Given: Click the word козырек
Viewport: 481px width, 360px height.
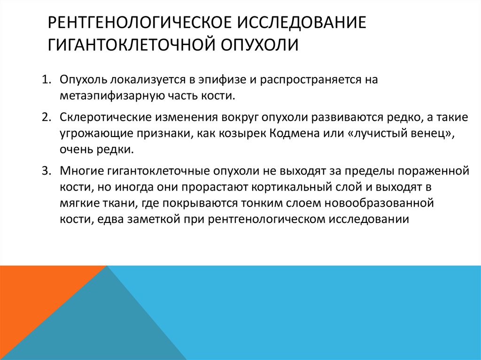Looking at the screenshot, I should click(x=247, y=134).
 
